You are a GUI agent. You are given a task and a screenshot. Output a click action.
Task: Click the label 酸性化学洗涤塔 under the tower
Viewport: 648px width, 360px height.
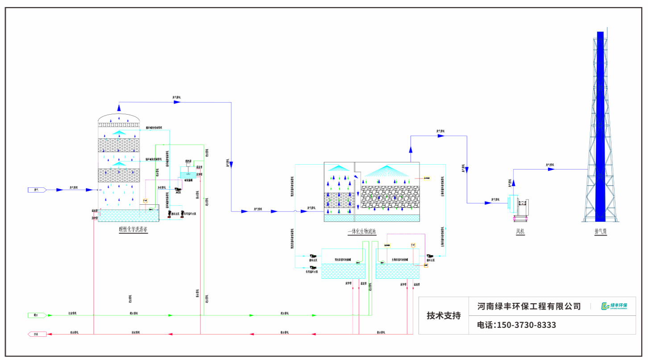[133, 230]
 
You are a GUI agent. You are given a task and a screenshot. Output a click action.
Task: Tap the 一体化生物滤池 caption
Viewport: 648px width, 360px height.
[362, 232]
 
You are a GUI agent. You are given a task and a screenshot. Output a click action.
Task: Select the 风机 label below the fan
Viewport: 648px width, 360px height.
[520, 232]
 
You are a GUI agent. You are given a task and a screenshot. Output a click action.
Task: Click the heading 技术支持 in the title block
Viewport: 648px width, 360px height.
[444, 315]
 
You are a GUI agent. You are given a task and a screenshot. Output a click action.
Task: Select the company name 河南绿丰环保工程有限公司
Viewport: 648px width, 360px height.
[529, 306]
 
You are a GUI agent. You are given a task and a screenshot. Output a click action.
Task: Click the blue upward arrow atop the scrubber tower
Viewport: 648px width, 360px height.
[119, 108]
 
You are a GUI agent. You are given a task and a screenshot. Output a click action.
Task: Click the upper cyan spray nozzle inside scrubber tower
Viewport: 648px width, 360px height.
[119, 133]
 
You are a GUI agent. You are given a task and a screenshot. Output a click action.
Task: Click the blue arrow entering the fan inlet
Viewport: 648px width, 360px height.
[488, 203]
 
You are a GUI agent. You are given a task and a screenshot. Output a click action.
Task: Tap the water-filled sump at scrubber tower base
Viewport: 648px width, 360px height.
[128, 216]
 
